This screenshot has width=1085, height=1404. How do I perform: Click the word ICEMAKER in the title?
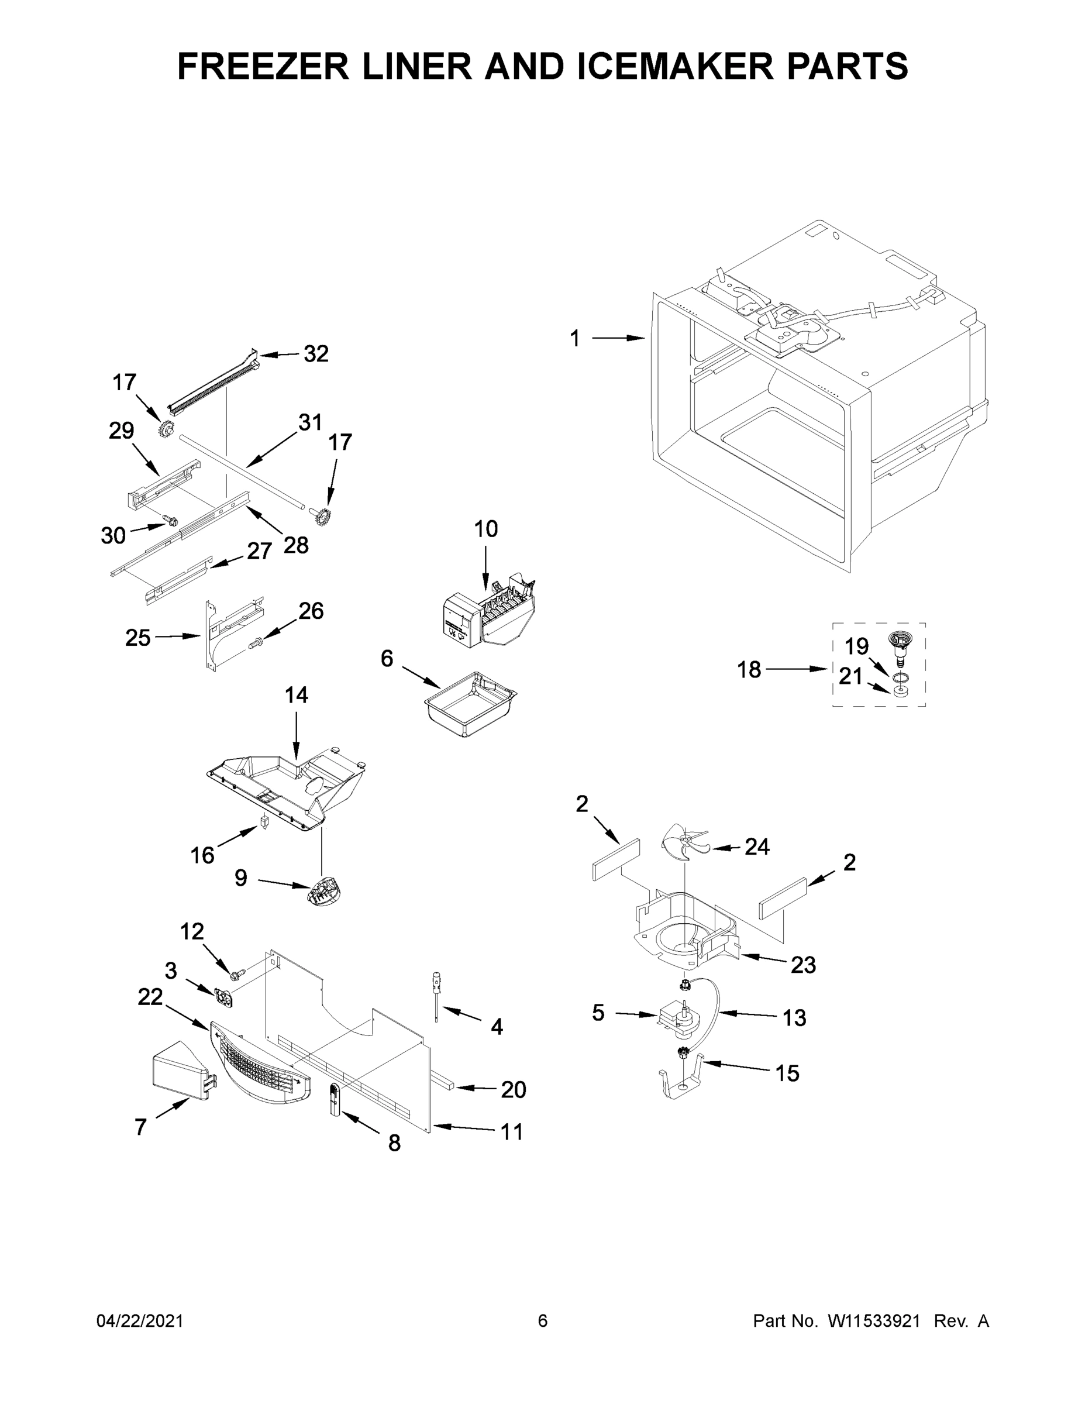tap(675, 66)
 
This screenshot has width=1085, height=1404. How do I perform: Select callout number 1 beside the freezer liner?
tap(574, 338)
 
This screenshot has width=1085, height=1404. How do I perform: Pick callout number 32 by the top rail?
tap(316, 353)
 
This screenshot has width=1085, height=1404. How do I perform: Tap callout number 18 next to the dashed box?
tap(749, 670)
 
